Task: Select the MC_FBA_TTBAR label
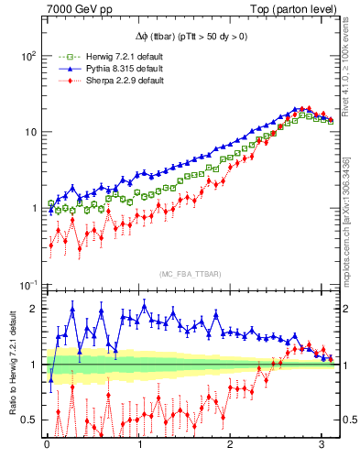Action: [x=190, y=274]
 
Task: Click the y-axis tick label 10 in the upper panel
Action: [x=31, y=132]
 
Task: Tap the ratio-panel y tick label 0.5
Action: [x=28, y=420]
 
